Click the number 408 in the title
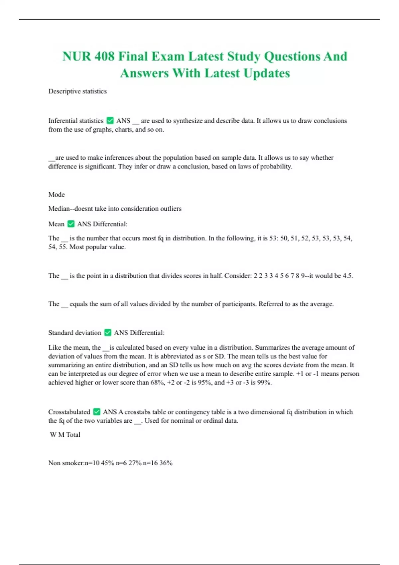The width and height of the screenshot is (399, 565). point(104,56)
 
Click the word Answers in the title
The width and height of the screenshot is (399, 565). point(144,73)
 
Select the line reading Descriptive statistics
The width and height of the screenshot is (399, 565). point(77,91)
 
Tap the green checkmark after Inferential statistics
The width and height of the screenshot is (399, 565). point(110,121)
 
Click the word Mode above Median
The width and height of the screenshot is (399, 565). point(57,194)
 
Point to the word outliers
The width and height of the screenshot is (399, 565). point(170,209)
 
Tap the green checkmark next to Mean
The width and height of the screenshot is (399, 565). point(71,224)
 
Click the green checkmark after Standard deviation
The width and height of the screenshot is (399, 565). point(108,333)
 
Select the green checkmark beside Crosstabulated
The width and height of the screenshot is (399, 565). point(97,412)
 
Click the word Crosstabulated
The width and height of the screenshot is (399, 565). point(69,412)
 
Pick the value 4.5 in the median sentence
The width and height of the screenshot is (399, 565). point(347,276)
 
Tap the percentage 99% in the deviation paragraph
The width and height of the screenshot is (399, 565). point(264,383)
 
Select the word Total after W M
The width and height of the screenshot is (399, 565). point(73,435)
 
